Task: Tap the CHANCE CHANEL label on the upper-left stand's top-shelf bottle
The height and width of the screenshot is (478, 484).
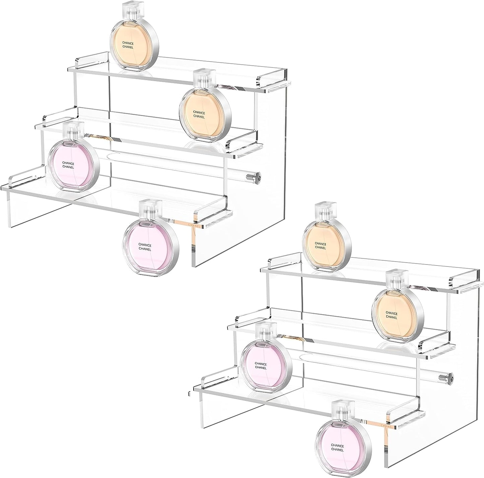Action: pos(128,45)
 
